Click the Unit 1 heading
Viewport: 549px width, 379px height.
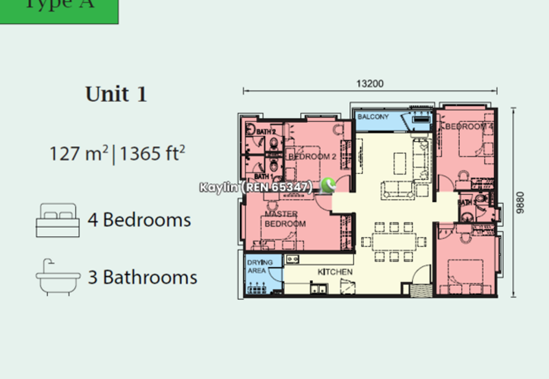pyautogui.click(x=116, y=94)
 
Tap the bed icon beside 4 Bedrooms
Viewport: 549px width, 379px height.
pyautogui.click(x=58, y=220)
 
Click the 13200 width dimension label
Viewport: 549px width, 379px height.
pyautogui.click(x=370, y=84)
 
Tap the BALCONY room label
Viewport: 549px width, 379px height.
pyautogui.click(x=373, y=117)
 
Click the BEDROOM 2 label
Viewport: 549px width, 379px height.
pyautogui.click(x=312, y=157)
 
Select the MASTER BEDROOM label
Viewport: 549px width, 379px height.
pyautogui.click(x=280, y=219)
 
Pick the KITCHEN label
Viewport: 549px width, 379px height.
pyautogui.click(x=335, y=272)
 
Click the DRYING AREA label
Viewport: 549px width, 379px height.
pyautogui.click(x=260, y=266)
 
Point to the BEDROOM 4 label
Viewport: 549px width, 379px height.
pyautogui.click(x=469, y=127)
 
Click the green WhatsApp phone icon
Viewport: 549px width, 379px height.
pyautogui.click(x=328, y=185)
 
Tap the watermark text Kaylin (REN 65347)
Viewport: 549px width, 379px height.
pyautogui.click(x=256, y=187)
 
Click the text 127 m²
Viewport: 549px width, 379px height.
pyautogui.click(x=78, y=152)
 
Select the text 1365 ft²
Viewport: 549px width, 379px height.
pyautogui.click(x=153, y=152)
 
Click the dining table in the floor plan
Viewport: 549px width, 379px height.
pyautogui.click(x=389, y=241)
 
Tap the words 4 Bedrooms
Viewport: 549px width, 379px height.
pyautogui.click(x=139, y=220)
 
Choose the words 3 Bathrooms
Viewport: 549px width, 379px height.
pyautogui.click(x=143, y=277)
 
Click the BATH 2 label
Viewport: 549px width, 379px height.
pyautogui.click(x=266, y=131)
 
